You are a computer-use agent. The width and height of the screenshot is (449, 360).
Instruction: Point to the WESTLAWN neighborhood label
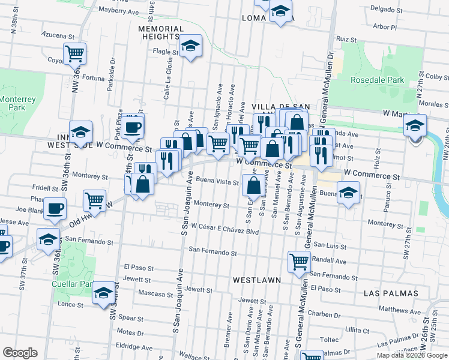[x=254, y=280]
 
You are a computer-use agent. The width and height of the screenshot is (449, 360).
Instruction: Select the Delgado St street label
[x=386, y=10]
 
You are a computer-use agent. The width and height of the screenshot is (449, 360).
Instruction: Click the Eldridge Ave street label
[x=135, y=347]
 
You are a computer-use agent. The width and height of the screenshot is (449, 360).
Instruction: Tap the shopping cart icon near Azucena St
[x=75, y=53]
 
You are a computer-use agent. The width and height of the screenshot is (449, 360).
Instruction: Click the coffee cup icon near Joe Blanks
[x=55, y=208]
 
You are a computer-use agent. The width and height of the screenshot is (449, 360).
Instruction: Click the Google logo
[x=20, y=353]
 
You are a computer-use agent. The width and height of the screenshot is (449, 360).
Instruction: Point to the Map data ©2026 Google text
[x=412, y=355]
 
